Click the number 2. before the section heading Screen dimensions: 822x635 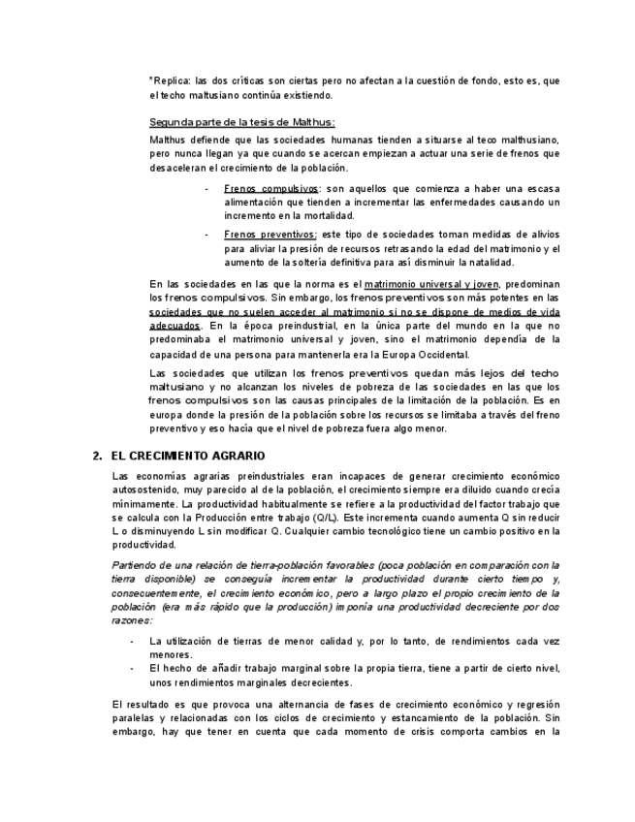pos(97,456)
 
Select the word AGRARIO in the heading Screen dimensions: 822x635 pos(238,456)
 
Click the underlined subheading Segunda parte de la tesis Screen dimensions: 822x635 pos(242,122)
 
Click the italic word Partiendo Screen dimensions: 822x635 pos(136,565)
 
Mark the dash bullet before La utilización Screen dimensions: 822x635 pos(132,642)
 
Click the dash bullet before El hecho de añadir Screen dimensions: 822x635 pos(132,669)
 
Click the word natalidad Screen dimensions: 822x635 pos(490,262)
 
